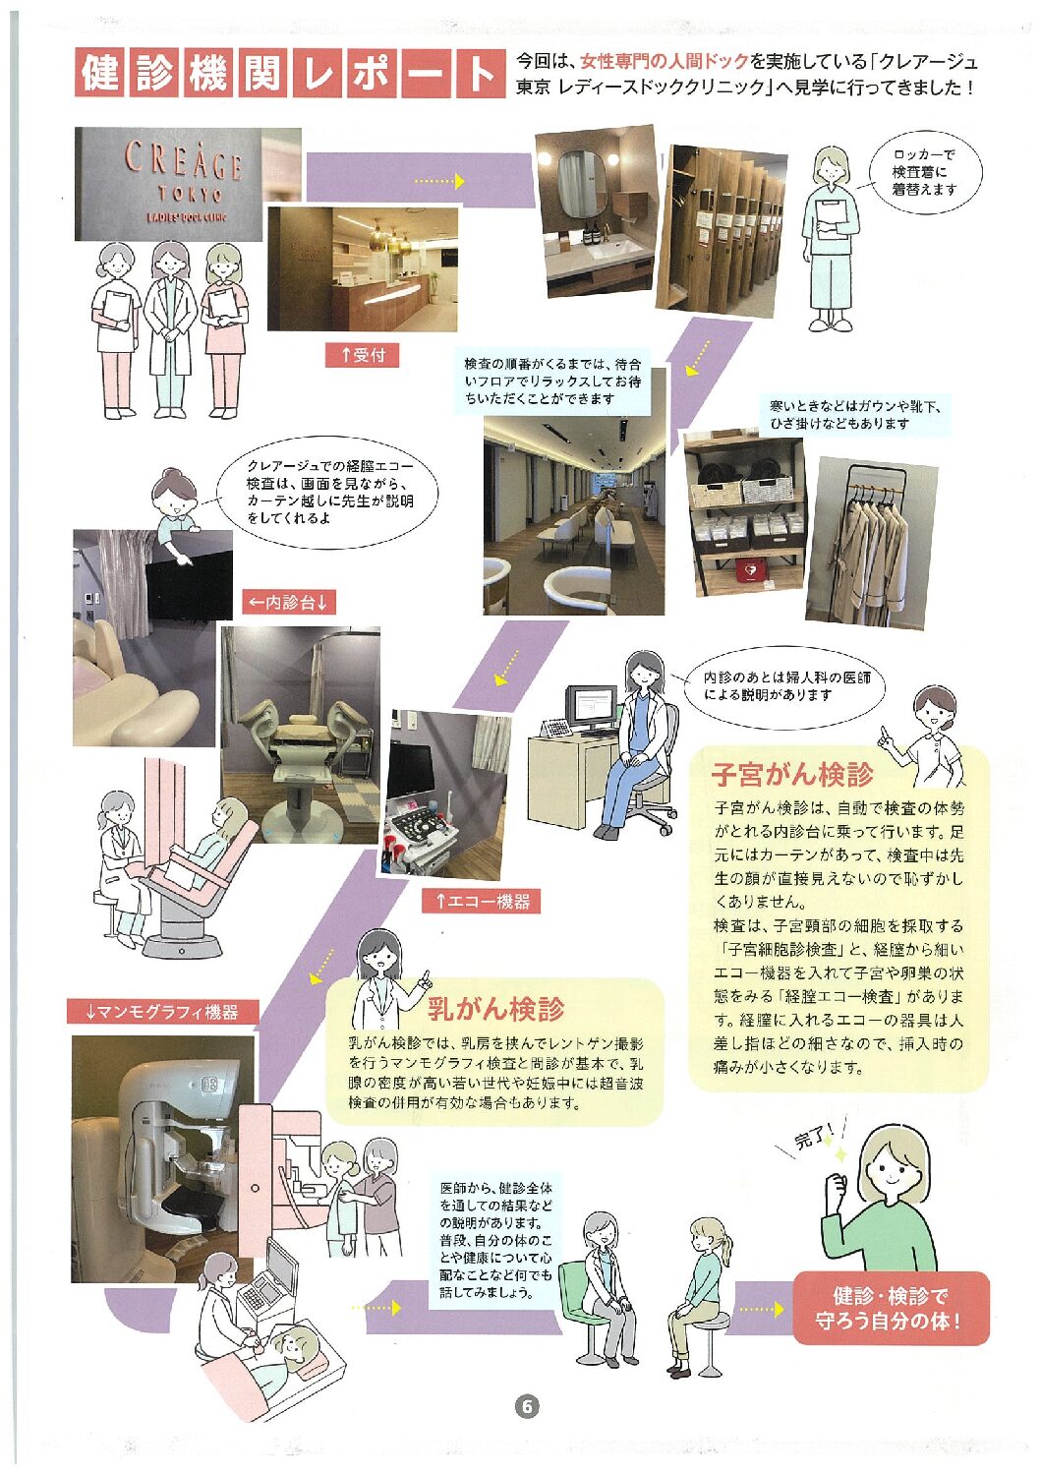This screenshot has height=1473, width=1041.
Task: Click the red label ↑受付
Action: pos(362,355)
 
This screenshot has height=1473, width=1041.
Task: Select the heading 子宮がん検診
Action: pos(792,775)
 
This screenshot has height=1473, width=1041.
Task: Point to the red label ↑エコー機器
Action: pos(481,901)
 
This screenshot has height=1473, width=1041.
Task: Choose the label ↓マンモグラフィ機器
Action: pos(162,1012)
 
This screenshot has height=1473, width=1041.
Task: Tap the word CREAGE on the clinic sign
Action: pos(184,161)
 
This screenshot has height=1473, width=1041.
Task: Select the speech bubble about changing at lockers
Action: pos(925,172)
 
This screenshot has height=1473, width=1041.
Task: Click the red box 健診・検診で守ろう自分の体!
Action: pos(891,1308)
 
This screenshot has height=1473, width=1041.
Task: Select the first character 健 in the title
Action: pos(101,73)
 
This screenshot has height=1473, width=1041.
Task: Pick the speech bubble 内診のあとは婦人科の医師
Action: pos(783,686)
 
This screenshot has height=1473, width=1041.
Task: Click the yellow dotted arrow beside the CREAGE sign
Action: pos(439,180)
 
